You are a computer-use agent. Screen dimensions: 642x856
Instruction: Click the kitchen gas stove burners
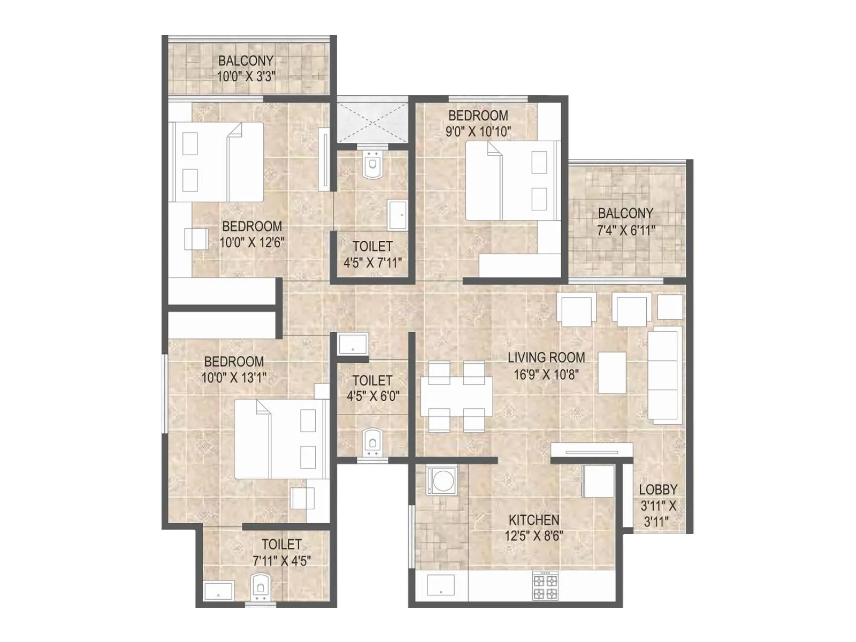(545, 586)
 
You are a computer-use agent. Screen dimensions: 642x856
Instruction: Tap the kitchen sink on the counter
(440, 585)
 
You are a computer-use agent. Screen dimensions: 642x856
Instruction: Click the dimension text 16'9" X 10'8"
(546, 374)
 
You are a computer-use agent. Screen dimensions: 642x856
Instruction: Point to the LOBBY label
(658, 490)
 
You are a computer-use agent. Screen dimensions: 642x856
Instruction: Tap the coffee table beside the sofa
(612, 372)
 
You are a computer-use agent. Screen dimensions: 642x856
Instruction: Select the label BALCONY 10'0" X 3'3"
(246, 68)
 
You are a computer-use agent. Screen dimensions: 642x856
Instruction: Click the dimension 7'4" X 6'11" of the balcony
(626, 231)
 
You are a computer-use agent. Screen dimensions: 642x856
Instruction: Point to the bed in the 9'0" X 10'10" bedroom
(511, 181)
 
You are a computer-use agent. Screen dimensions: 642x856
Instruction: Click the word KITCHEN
(533, 520)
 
